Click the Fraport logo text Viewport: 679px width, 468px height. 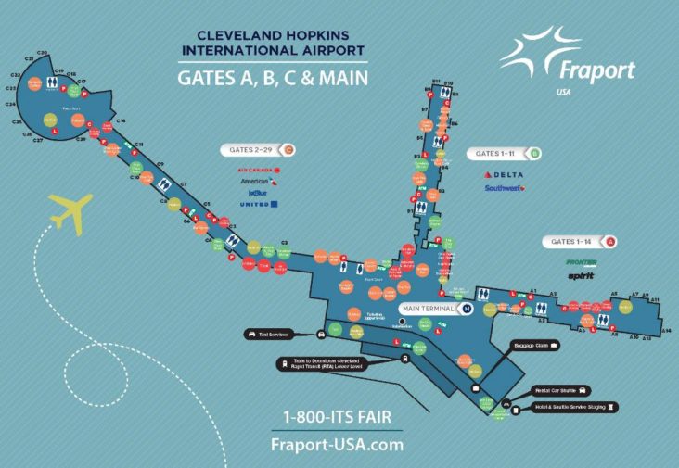(x=596, y=70)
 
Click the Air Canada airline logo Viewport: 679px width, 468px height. (x=259, y=171)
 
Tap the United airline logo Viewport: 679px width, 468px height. (x=259, y=204)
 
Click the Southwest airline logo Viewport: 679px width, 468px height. (x=505, y=189)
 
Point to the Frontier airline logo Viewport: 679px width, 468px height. (x=582, y=262)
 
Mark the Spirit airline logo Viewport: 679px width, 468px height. (x=582, y=275)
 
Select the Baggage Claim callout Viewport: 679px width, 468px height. (x=535, y=345)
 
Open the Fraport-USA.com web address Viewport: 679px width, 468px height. (x=337, y=444)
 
